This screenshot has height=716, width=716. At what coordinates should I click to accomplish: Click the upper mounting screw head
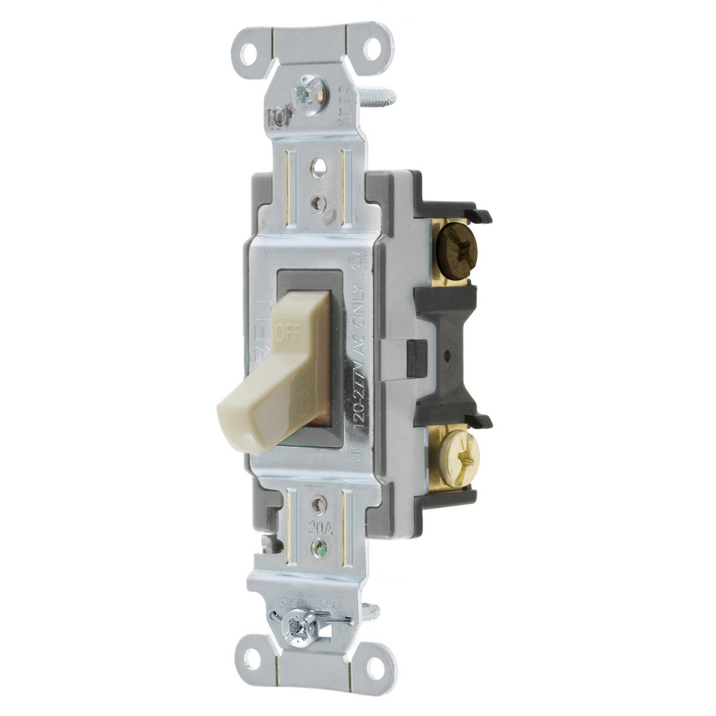click(x=311, y=89)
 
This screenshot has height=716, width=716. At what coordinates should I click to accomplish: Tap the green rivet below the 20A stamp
click(x=322, y=545)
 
